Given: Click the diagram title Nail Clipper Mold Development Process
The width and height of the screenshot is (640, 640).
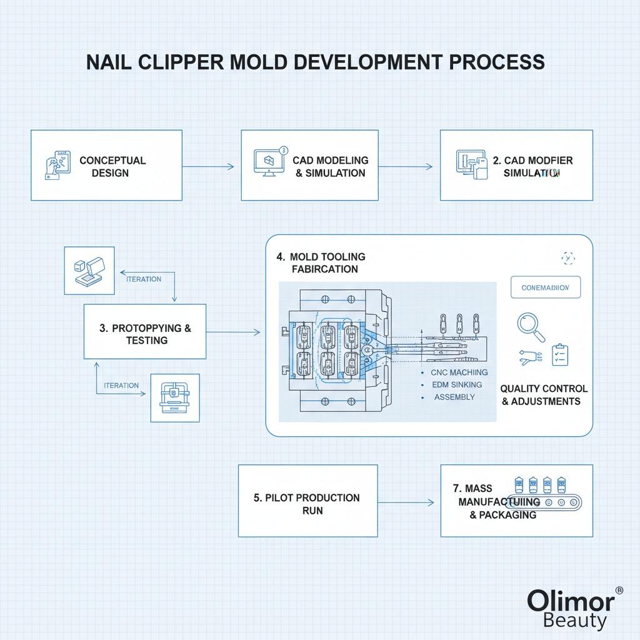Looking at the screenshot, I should pyautogui.click(x=315, y=62).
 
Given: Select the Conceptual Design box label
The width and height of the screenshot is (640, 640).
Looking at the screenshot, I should pyautogui.click(x=112, y=166).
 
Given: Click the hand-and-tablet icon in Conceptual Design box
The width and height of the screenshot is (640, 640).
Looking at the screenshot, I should pyautogui.click(x=55, y=165).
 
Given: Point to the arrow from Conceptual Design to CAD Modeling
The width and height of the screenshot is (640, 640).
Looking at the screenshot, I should pyautogui.click(x=207, y=166).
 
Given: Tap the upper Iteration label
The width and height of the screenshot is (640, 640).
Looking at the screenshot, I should pyautogui.click(x=143, y=279).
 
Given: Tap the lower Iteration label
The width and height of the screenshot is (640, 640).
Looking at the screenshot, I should pyautogui.click(x=121, y=386).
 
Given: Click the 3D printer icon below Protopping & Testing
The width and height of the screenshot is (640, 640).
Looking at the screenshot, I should pyautogui.click(x=175, y=397).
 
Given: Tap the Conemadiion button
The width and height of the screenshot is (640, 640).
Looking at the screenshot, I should pyautogui.click(x=545, y=287).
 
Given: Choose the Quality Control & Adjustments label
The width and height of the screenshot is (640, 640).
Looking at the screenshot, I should pyautogui.click(x=544, y=395).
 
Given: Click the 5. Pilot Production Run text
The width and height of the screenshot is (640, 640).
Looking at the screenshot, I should pyautogui.click(x=306, y=504).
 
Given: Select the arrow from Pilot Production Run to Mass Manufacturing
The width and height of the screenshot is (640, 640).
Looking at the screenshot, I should pyautogui.click(x=406, y=502).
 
